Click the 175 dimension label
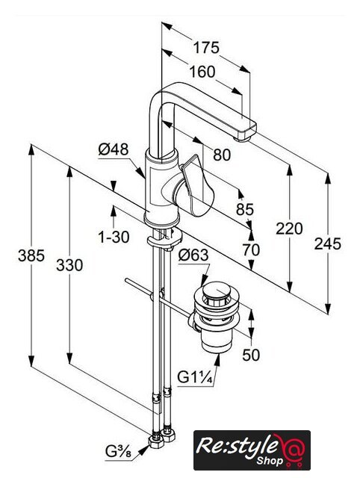click(x=206, y=48)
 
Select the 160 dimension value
click(x=202, y=72)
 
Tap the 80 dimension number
click(x=222, y=155)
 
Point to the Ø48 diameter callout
click(x=114, y=149)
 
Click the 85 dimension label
click(x=245, y=209)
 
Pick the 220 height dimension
click(x=289, y=229)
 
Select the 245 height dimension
click(x=328, y=244)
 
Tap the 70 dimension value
click(x=251, y=250)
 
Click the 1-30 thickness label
click(x=114, y=237)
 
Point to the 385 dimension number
click(x=31, y=255)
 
